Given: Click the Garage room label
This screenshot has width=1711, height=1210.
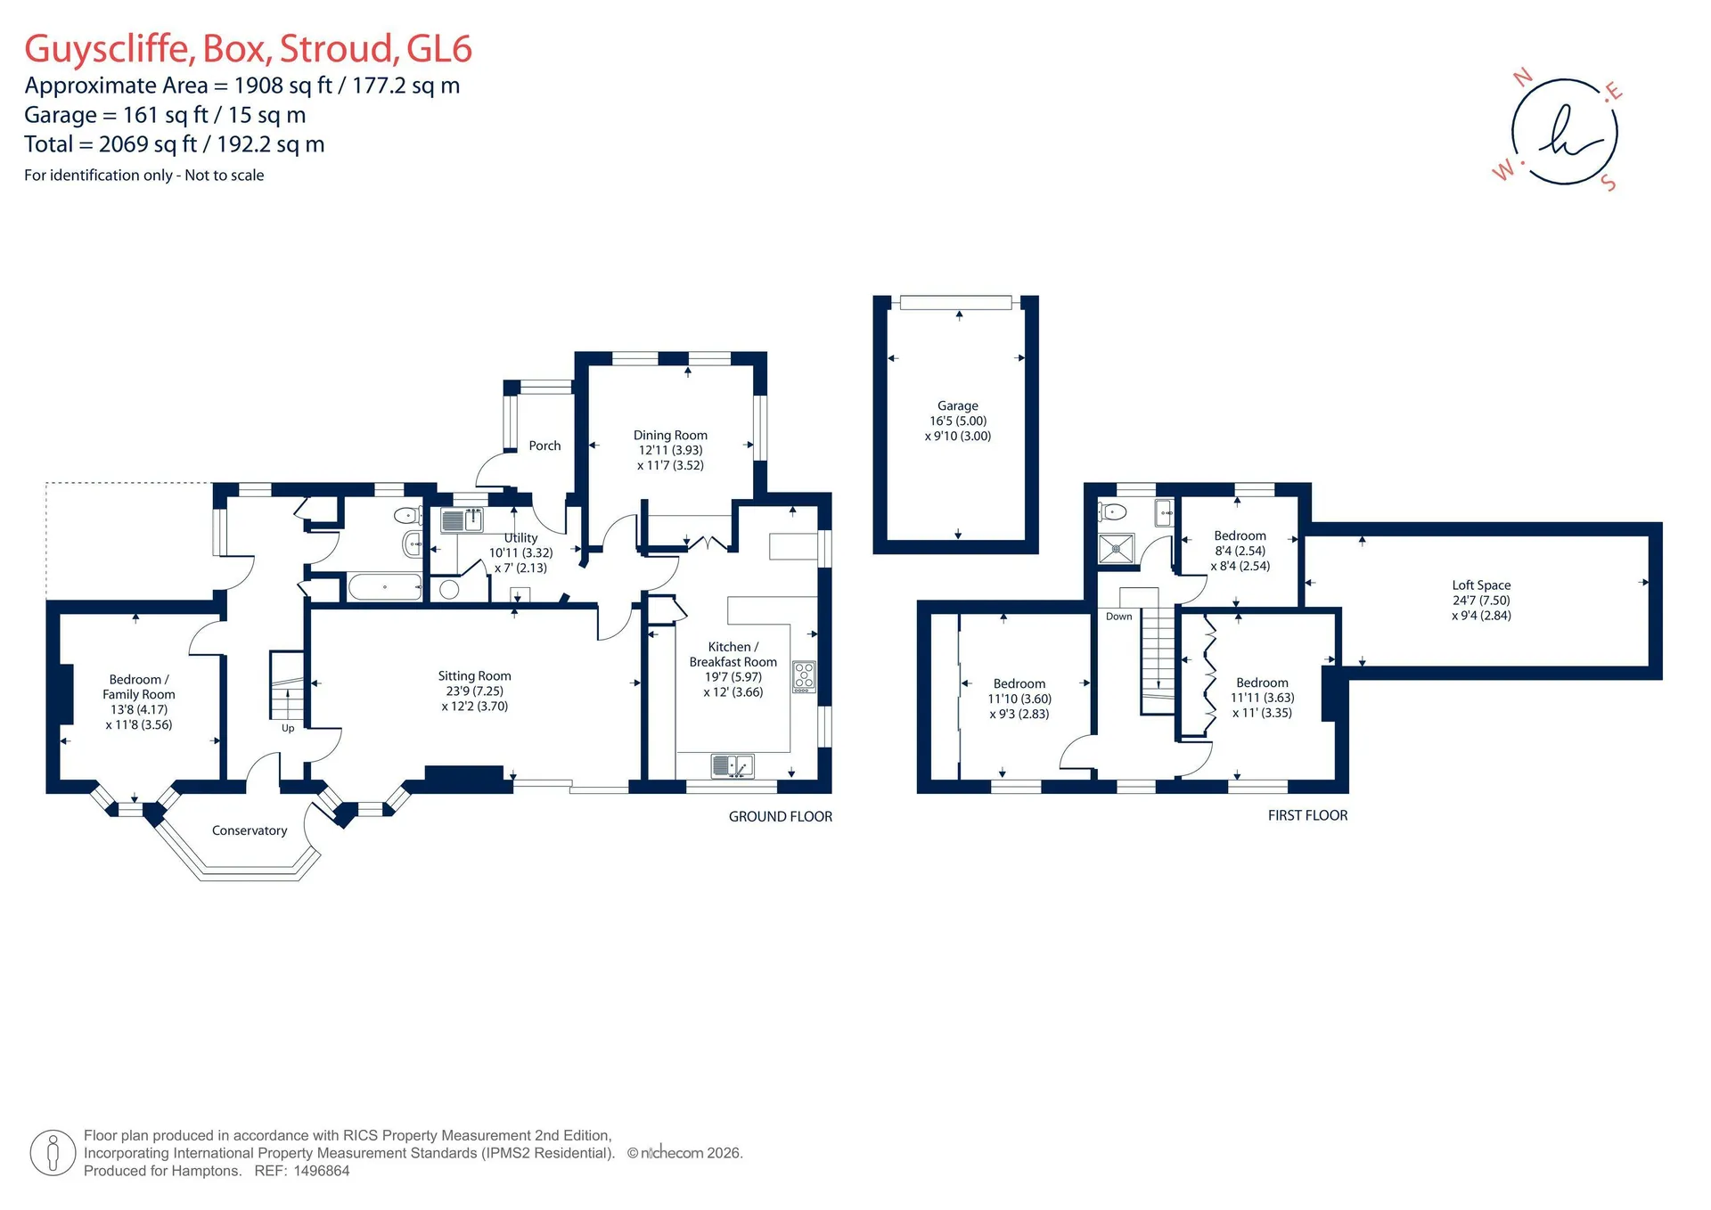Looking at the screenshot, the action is [x=957, y=405].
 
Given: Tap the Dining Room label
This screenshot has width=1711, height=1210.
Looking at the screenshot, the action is [x=670, y=435].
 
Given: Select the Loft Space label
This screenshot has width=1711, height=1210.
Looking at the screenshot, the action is [x=1481, y=585].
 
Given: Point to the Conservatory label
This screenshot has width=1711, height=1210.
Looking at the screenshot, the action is [x=250, y=830].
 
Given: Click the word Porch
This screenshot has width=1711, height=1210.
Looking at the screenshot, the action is [x=544, y=446].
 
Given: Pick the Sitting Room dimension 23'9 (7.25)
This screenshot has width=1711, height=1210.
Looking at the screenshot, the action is [x=475, y=691].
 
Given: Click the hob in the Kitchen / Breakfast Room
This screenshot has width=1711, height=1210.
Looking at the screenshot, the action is [x=804, y=676].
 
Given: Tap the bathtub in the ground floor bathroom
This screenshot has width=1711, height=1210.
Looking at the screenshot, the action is [x=384, y=586].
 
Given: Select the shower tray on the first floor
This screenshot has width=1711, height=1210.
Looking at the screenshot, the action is [x=1117, y=549].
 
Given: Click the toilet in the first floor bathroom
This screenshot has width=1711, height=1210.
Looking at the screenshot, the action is [x=1113, y=511].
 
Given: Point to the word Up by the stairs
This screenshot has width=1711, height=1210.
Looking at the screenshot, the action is [x=288, y=728].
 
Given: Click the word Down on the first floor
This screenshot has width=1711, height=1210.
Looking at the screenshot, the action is [x=1118, y=617].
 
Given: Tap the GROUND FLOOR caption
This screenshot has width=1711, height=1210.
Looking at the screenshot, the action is [x=781, y=816].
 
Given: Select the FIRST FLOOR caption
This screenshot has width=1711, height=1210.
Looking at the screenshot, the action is [x=1307, y=815].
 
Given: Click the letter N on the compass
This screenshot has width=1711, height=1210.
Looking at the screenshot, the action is [x=1523, y=78].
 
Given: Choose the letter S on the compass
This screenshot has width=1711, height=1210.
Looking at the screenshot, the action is [x=1609, y=183].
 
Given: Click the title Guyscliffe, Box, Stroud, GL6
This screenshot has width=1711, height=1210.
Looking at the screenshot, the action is [x=248, y=49].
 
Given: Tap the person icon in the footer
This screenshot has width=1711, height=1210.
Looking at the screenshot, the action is [x=53, y=1153].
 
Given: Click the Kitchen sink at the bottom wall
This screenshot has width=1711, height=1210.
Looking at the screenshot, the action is [x=733, y=765].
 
